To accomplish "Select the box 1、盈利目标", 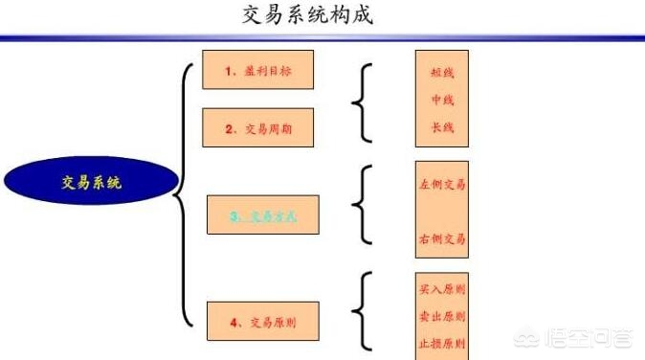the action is click(x=258, y=71).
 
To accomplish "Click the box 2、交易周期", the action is click(x=258, y=128).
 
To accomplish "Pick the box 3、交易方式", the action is click(x=263, y=216).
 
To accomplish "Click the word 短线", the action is click(x=442, y=72).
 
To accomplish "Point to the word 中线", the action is click(x=442, y=100).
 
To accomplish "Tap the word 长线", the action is click(x=442, y=127).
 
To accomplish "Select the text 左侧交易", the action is click(x=442, y=185).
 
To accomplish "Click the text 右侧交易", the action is click(x=442, y=237).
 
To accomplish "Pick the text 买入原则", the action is click(x=442, y=286).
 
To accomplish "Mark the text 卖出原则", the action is click(x=442, y=316).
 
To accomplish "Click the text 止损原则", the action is click(x=442, y=342).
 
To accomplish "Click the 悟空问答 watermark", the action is click(x=588, y=337).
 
